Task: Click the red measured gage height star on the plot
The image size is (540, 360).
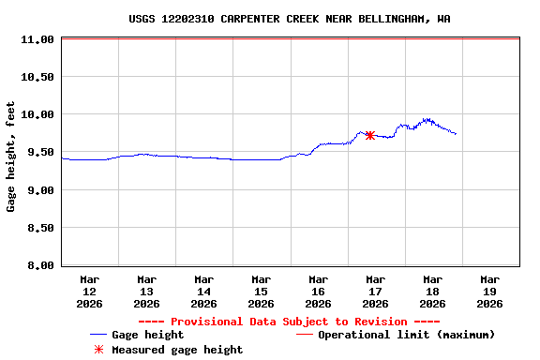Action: tap(370, 135)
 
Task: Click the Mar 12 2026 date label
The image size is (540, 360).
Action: tap(90, 291)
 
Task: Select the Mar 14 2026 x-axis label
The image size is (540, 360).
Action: tap(203, 291)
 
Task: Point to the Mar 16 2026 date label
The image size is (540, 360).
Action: tap(318, 291)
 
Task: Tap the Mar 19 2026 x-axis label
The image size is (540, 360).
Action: tap(489, 291)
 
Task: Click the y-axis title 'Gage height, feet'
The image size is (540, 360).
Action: tap(11, 157)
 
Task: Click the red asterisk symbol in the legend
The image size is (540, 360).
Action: tap(98, 350)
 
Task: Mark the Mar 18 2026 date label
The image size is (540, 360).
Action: tap(432, 291)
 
